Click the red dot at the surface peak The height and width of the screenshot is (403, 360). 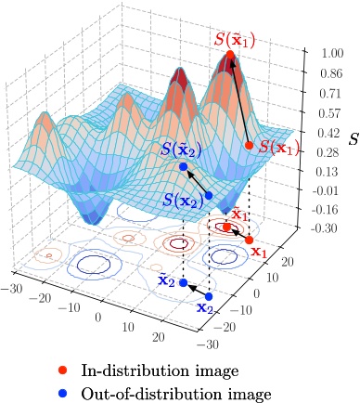point(230,57)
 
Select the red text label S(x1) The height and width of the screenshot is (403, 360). point(278,147)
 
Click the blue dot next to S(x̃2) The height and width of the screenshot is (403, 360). point(183,167)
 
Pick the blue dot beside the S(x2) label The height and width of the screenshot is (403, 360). point(209,195)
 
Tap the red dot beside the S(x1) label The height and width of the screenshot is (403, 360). point(249,145)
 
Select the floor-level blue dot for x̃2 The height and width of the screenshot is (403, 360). point(183,282)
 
